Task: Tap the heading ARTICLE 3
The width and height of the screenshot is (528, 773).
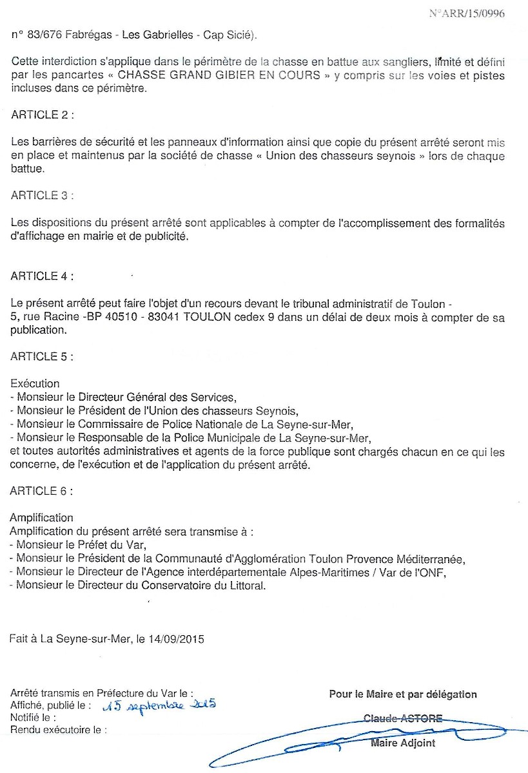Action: click(42, 195)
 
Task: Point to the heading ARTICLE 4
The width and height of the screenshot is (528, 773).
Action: click(42, 276)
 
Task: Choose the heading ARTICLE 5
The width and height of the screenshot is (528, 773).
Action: click(42, 356)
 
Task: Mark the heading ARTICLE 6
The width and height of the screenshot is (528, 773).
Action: click(42, 491)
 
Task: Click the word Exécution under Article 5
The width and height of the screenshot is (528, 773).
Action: click(35, 383)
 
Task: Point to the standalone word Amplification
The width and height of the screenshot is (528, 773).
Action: click(41, 518)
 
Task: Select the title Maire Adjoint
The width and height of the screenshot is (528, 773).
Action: click(403, 743)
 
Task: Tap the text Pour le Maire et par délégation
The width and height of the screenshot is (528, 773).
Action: click(403, 694)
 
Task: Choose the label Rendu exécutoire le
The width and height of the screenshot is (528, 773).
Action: click(58, 730)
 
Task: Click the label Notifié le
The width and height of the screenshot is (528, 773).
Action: click(33, 718)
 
